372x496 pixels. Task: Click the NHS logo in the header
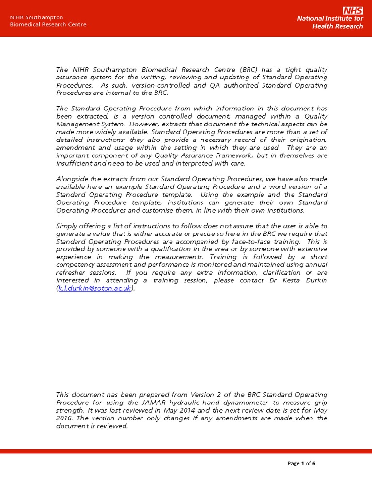pyautogui.click(x=353, y=11)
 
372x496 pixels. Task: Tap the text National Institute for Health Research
pyautogui.click(x=330, y=22)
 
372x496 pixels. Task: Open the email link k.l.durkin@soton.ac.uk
pyautogui.click(x=94, y=288)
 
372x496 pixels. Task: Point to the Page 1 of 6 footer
pyautogui.click(x=301, y=463)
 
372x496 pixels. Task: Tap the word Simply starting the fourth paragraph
pyautogui.click(x=67, y=226)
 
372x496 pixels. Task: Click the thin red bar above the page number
pyautogui.click(x=186, y=451)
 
